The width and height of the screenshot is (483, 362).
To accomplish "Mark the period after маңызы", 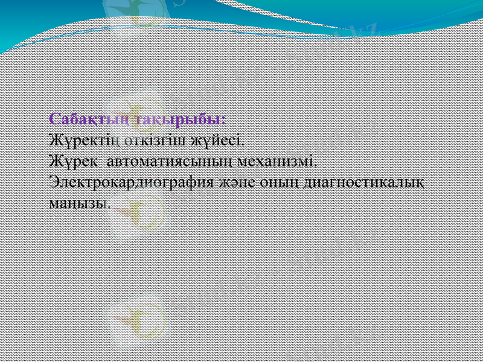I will point(109,205).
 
